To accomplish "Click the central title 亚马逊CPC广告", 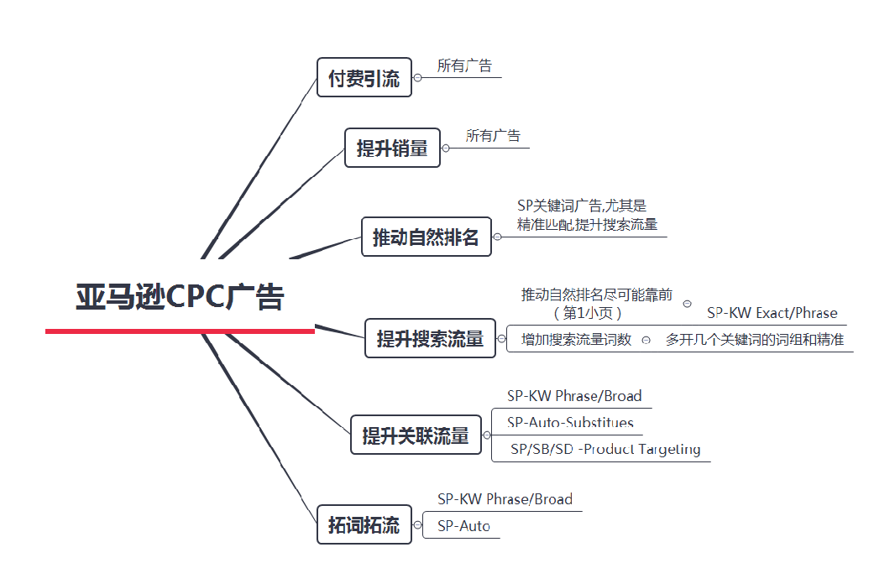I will tap(181, 297).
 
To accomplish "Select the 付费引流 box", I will tap(364, 78).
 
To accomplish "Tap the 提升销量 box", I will tap(392, 149).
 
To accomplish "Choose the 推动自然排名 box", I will tap(426, 237).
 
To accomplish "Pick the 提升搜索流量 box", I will tap(430, 339).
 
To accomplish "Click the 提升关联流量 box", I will tap(416, 436).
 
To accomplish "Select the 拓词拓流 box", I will tap(364, 526).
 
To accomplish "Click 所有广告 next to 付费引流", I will tap(464, 66).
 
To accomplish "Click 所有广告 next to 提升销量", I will tap(493, 136).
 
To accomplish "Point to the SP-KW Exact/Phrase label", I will tap(772, 314).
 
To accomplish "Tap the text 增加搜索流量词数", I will tap(576, 340).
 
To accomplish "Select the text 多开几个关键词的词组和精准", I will tap(754, 340).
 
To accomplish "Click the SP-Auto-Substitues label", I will tap(570, 422).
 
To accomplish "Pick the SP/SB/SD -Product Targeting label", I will tap(605, 449).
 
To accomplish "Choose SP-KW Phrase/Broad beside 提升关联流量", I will tap(573, 396).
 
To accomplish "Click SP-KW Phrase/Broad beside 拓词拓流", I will tap(505, 499).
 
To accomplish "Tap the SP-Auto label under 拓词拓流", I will tap(463, 527).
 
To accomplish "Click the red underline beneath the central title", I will tap(180, 331).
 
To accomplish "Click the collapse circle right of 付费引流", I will tap(417, 78).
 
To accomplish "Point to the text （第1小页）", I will tap(588, 313).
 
